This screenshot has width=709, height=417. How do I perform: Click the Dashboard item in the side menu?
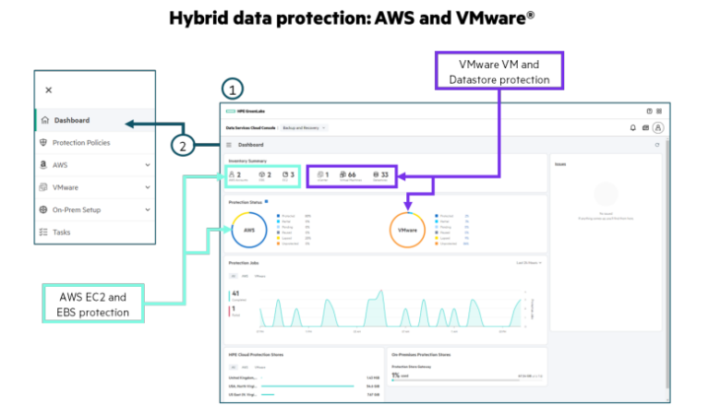pos(72,121)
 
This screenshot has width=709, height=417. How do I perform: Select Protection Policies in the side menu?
pos(80,143)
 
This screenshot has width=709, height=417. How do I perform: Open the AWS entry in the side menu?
pos(60,165)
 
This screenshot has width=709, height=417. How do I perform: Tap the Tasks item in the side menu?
pos(61,232)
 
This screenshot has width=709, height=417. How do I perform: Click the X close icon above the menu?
pos(49,89)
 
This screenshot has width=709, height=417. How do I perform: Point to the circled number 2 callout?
pos(184,145)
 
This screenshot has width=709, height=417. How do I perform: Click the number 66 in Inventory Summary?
pos(351,173)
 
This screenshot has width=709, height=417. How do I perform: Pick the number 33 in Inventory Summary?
pos(383,173)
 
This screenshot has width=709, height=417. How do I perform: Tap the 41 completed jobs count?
pos(235,294)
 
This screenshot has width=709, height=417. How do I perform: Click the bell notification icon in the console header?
pos(632,127)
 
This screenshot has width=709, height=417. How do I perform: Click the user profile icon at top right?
pos(658,127)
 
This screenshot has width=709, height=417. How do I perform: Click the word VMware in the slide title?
pos(489,18)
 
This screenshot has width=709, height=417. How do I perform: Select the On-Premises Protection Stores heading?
pos(420,353)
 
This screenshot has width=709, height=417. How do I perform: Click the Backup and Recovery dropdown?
pos(304,127)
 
